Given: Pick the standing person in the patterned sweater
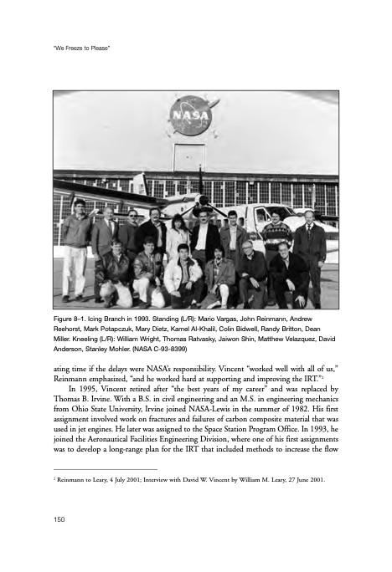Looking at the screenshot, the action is [x=275, y=234].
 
